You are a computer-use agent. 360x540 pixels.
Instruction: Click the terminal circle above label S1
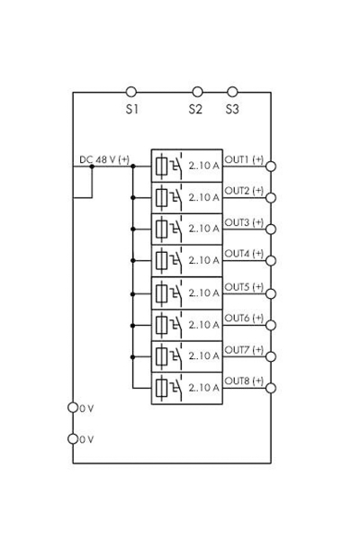(x=131, y=92)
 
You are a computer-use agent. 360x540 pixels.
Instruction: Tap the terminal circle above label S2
(x=197, y=92)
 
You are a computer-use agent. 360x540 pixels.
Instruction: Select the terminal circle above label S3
(x=232, y=92)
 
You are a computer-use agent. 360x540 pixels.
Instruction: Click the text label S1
(x=131, y=109)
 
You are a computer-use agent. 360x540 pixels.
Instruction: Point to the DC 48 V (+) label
(x=104, y=159)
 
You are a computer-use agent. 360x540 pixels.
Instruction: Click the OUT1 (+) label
(x=243, y=159)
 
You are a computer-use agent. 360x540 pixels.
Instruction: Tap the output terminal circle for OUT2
(x=271, y=198)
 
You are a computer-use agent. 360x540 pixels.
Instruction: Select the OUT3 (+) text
(x=243, y=222)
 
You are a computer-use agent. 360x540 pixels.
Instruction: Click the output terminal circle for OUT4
(x=271, y=261)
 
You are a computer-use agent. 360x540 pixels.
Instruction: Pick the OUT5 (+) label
(x=243, y=286)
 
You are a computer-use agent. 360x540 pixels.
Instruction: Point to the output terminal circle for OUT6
(x=271, y=325)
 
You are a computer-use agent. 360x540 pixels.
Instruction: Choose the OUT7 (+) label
(x=243, y=349)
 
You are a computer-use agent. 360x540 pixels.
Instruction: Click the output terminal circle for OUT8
(x=271, y=388)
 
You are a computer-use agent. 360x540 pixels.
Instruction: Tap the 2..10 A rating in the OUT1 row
(x=204, y=166)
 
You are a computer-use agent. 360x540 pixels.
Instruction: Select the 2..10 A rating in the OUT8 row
(x=204, y=388)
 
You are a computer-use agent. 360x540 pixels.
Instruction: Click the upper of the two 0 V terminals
(x=73, y=408)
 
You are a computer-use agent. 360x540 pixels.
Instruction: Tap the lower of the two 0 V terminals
(x=73, y=439)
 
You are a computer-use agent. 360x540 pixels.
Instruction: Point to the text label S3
(x=232, y=109)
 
